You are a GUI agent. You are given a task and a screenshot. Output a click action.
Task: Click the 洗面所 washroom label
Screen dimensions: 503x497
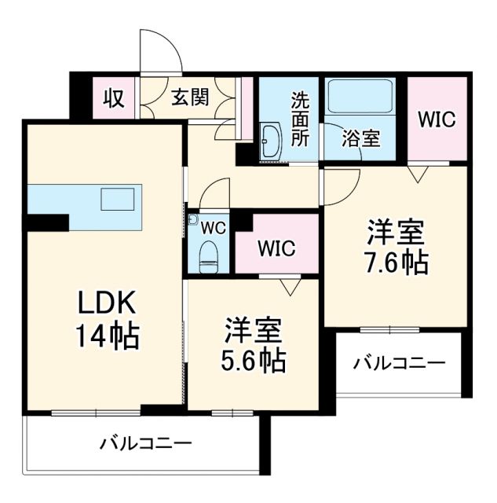point(301,118)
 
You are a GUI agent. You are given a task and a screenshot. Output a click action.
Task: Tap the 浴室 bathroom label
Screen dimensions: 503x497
point(361,138)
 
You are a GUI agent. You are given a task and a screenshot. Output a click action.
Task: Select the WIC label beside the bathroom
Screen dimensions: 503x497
point(436,119)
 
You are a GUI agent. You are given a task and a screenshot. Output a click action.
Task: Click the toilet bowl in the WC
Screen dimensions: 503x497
point(208,255)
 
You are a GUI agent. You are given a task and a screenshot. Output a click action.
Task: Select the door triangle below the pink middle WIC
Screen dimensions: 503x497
point(291,286)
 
